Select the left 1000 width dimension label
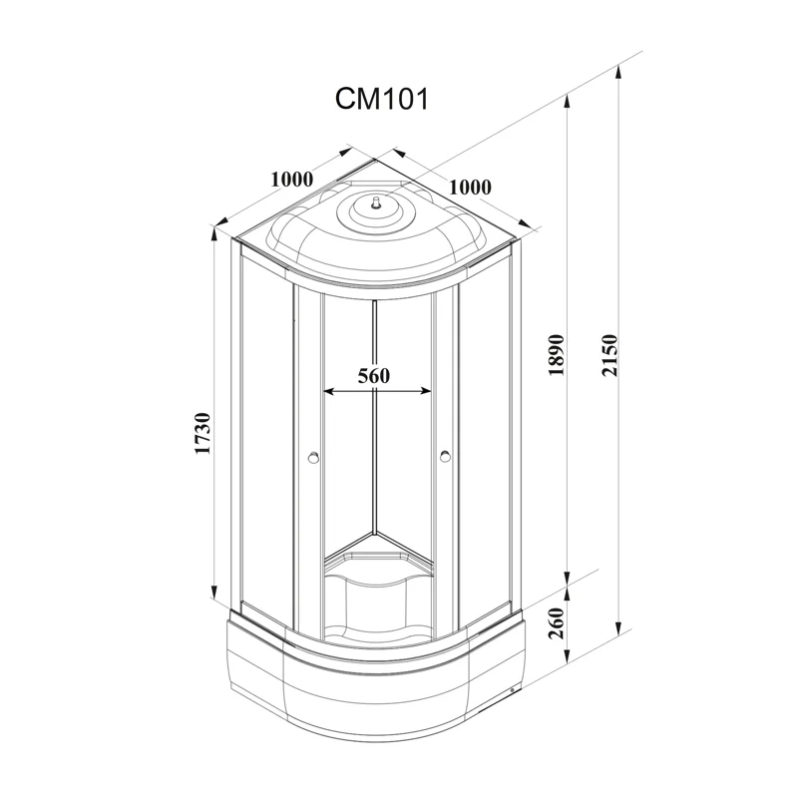(291, 180)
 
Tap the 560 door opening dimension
(372, 376)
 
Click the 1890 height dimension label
(557, 353)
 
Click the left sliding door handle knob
(313, 459)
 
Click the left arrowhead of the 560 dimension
(327, 392)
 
